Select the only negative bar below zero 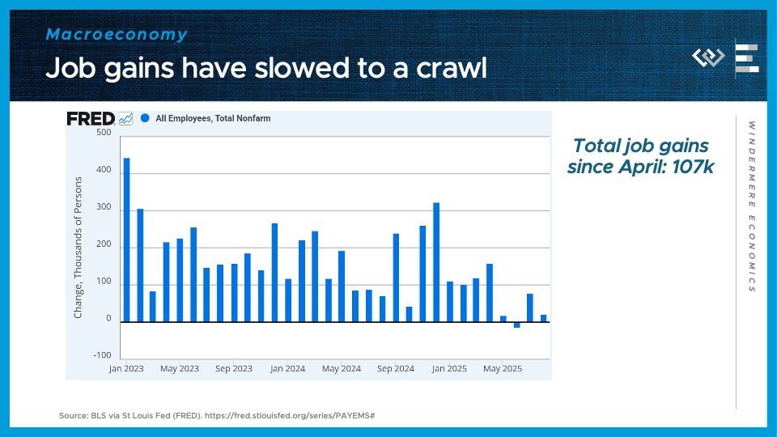516,325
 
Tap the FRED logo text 90,118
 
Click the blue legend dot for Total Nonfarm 145,118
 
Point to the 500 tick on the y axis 104,133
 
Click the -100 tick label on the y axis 102,356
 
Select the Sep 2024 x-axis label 397,369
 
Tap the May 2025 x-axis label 503,369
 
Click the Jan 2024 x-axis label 287,369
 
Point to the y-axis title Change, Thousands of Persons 79,247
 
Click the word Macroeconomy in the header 117,35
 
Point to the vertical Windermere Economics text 751,206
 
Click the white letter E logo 746,57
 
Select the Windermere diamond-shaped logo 708,57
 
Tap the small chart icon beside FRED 125,118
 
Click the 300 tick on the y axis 104,210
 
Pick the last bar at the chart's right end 543,318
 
